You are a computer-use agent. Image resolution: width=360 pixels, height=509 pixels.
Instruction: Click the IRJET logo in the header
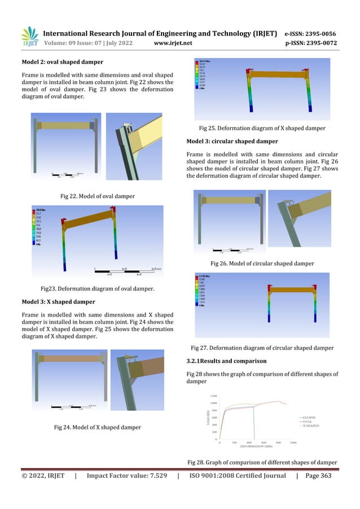click(x=30, y=37)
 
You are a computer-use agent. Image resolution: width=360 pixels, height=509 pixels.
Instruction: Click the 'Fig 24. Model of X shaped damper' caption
click(x=97, y=428)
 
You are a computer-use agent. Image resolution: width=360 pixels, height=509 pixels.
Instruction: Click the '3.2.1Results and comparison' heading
click(x=222, y=361)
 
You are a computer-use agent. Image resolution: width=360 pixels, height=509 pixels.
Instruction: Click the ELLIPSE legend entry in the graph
click(x=308, y=416)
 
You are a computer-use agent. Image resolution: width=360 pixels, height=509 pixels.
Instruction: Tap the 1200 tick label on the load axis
click(x=213, y=396)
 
